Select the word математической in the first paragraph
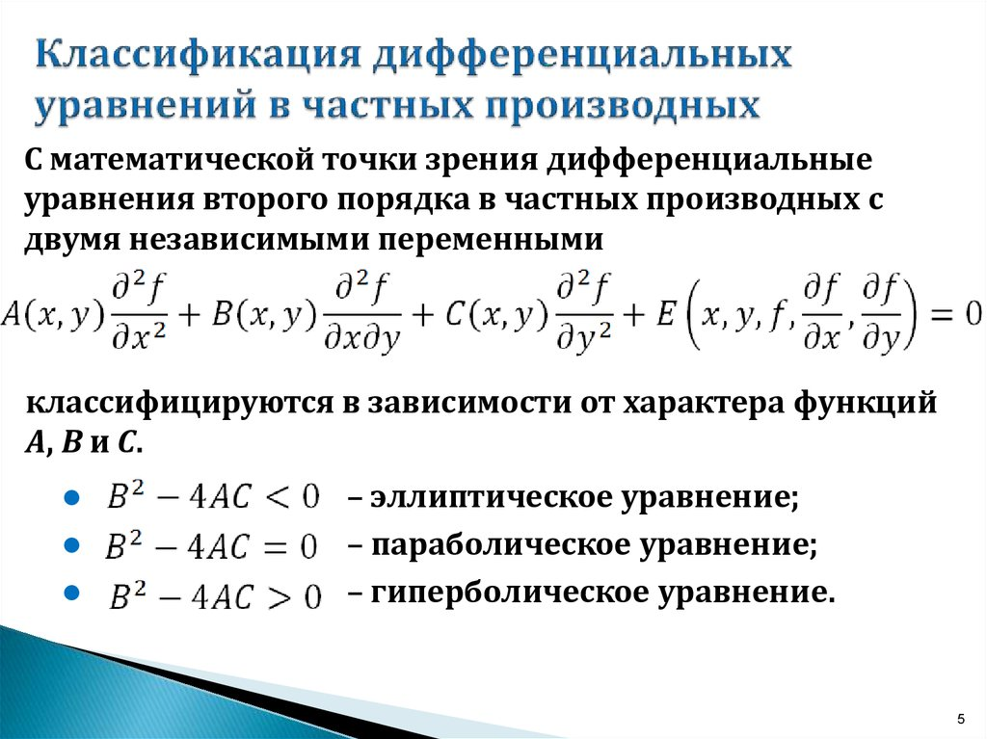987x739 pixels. (x=169, y=159)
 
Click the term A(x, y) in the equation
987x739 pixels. (x=53, y=314)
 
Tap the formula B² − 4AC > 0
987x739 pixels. (x=213, y=595)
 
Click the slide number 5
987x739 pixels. (x=960, y=717)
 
